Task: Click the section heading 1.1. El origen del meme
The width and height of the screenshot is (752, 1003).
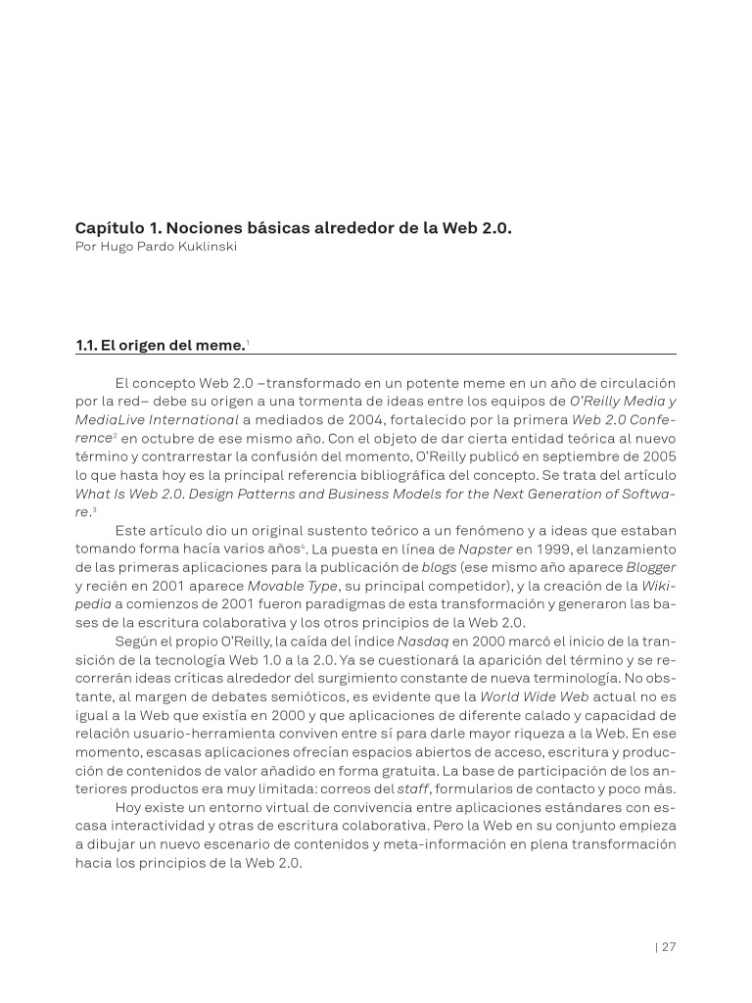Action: pos(160,345)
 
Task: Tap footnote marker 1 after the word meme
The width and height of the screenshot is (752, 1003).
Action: pos(248,341)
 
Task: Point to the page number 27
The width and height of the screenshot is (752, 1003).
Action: pos(669,946)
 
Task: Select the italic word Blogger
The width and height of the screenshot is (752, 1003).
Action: pos(651,567)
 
